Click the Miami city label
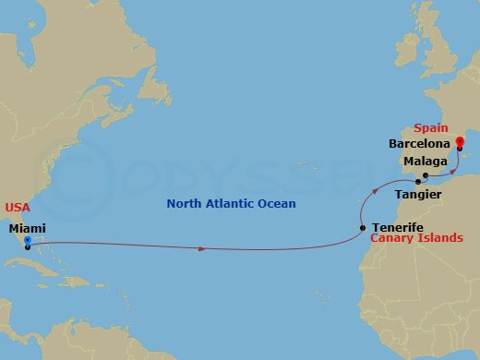[x=28, y=229]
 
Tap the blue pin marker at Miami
[x=27, y=242]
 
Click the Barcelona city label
[x=419, y=144]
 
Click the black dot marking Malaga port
[x=425, y=175]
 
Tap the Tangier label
[x=417, y=194]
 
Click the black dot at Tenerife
[x=363, y=227]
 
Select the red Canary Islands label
[x=411, y=239]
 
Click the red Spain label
[x=432, y=127]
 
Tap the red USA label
[x=18, y=208]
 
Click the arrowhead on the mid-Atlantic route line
[x=201, y=248]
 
